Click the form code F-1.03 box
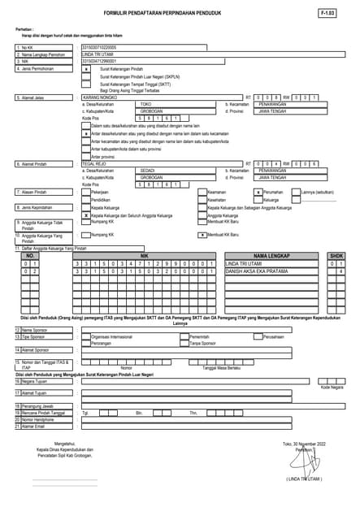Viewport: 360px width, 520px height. (x=329, y=14)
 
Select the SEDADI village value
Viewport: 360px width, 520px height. (x=147, y=171)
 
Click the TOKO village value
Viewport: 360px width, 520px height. (x=146, y=105)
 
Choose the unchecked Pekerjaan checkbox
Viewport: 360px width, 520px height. (x=87, y=192)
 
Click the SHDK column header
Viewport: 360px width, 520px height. (x=336, y=255)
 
